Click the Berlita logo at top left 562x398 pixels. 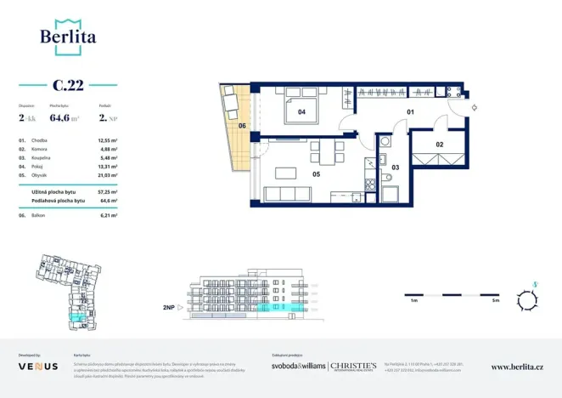tap(68, 36)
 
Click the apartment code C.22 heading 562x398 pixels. tap(68, 85)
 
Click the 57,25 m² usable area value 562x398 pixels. tap(106, 192)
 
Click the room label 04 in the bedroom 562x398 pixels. tap(301, 111)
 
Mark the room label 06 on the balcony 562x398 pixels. tap(242, 126)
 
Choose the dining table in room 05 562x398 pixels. tap(327, 154)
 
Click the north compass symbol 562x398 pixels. tap(532, 298)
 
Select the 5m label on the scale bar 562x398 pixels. tap(495, 301)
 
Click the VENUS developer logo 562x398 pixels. tap(38, 366)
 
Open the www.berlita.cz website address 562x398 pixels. tap(517, 367)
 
